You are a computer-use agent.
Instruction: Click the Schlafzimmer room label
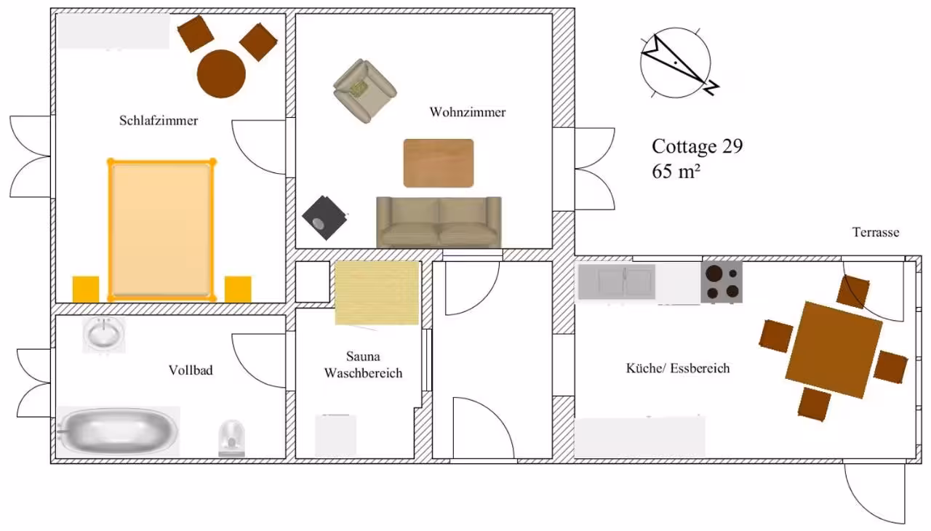click(159, 121)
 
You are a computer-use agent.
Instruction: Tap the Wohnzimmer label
click(468, 112)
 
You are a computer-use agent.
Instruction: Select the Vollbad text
click(191, 370)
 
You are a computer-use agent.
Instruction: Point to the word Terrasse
click(876, 232)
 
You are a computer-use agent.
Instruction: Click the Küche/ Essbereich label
click(678, 368)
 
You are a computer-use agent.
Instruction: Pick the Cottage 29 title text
click(697, 145)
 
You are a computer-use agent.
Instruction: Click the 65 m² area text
click(676, 171)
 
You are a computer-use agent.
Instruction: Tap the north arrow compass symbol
click(678, 63)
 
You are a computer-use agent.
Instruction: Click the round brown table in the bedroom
click(221, 74)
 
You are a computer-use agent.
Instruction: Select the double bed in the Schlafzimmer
click(161, 230)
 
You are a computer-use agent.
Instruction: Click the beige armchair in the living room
click(364, 91)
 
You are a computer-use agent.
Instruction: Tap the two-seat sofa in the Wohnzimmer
click(439, 223)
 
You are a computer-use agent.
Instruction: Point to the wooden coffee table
click(439, 163)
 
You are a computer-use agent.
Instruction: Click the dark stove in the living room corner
click(324, 218)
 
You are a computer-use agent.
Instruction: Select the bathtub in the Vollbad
click(119, 431)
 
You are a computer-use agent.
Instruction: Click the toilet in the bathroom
click(232, 439)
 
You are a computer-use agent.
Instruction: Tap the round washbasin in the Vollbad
click(104, 335)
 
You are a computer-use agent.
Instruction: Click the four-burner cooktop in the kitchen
click(722, 282)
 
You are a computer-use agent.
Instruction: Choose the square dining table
click(834, 350)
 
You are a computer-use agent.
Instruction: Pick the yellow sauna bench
click(377, 293)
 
